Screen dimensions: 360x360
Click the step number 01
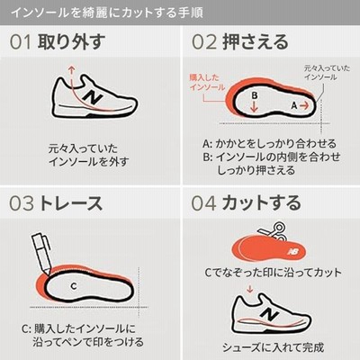pos(21,42)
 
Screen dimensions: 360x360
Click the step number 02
pos(204,42)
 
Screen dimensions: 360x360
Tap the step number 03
pos(22,203)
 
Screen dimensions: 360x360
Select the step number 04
pos(203,203)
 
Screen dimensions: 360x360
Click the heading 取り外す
pos(71,41)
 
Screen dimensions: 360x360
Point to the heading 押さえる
pos(256,41)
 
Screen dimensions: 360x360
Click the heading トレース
pos(71,203)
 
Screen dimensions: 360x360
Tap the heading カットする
pos(261,202)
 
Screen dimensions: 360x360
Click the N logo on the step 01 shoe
pos(93,96)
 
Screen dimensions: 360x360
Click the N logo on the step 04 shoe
pos(268,313)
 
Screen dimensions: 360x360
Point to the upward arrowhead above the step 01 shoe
pos(71,68)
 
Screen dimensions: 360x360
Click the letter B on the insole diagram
pos(255,95)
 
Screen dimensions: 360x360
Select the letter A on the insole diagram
pos(294,105)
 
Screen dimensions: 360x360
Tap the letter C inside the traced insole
pos(74,286)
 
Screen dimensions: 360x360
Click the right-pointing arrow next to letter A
pos(304,105)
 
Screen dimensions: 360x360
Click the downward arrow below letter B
pos(255,106)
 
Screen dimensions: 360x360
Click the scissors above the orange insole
pos(272,231)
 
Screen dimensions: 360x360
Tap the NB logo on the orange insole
pos(294,251)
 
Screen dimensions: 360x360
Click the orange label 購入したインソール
pos(207,82)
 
